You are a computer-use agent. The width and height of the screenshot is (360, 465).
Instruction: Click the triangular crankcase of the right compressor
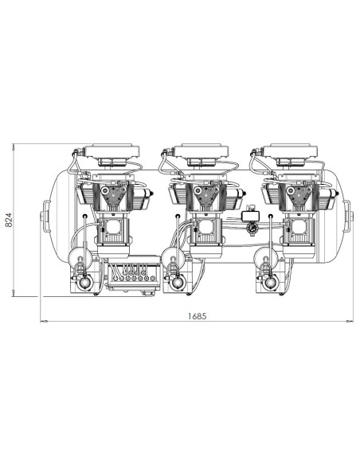(x=296, y=194)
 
